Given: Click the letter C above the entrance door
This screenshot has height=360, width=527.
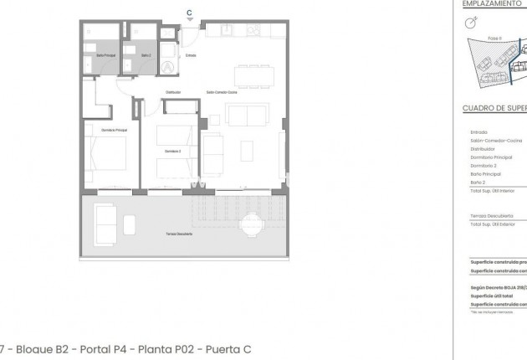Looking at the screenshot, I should (x=189, y=13).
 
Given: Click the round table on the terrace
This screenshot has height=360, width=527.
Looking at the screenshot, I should (x=252, y=224).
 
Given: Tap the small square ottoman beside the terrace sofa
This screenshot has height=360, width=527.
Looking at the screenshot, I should (x=130, y=224).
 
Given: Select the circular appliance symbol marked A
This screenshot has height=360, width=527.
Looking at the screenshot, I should (x=167, y=68).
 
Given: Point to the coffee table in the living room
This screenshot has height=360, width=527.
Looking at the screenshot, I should (x=248, y=151).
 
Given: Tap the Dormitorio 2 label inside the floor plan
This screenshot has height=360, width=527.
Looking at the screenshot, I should (x=171, y=151).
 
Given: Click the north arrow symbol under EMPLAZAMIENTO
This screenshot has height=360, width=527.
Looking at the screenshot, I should (x=472, y=24).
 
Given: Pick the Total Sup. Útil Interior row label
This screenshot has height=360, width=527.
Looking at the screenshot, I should (x=491, y=190).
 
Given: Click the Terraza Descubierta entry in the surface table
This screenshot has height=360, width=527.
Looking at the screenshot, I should (x=491, y=215).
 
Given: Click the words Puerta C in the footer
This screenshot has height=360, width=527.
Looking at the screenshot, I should (x=228, y=349).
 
